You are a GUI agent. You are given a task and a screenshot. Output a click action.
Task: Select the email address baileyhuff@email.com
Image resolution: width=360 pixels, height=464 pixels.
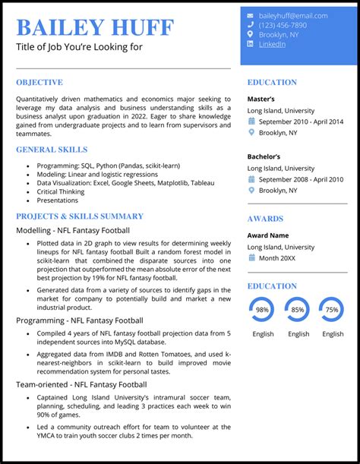tap(292, 15)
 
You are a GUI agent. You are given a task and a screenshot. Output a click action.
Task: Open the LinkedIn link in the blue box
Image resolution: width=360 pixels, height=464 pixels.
tap(273, 44)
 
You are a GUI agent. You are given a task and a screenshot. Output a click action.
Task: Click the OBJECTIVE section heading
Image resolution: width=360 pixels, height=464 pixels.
tap(39, 82)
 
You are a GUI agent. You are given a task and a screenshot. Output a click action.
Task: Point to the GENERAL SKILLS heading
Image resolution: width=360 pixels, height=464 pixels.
tap(51, 150)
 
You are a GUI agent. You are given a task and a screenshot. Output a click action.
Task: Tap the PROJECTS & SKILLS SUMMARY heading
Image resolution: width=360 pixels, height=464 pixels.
tap(80, 216)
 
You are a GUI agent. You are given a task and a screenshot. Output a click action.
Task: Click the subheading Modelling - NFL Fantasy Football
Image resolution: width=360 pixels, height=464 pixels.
tap(73, 230)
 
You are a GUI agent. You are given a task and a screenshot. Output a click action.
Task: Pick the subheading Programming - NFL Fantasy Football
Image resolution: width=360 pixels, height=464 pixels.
tap(80, 320)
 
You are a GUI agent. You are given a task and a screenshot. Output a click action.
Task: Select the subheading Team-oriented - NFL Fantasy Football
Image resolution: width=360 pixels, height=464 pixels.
tap(81, 385)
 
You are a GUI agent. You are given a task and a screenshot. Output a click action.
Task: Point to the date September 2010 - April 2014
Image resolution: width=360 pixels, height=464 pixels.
tap(301, 122)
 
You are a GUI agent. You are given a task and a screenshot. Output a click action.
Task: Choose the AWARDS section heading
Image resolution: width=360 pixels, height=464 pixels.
tap(265, 219)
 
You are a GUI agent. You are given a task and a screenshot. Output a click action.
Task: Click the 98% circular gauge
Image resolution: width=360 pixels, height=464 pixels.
tap(263, 310)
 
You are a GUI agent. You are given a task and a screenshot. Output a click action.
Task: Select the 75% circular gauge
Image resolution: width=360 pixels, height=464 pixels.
tap(331, 310)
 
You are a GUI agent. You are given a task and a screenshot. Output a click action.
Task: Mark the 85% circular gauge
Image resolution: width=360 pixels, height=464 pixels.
tap(297, 310)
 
